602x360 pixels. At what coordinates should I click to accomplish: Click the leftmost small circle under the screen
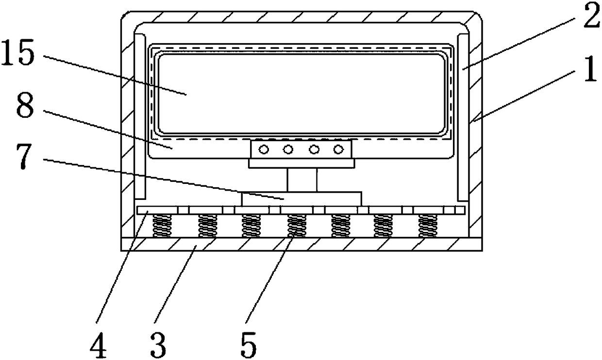(x=264, y=149)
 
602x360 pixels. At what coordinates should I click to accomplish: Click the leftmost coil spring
(x=163, y=226)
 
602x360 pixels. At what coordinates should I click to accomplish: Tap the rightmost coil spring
(x=427, y=226)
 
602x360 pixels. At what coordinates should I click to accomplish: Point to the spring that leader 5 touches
(x=296, y=226)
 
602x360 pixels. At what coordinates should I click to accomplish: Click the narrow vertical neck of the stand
(x=301, y=180)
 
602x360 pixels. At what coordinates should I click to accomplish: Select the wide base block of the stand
(x=301, y=198)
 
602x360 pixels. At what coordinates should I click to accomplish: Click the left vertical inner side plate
(x=139, y=116)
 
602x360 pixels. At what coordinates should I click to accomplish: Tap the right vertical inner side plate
(x=462, y=116)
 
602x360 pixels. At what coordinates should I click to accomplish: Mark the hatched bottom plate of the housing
(x=301, y=244)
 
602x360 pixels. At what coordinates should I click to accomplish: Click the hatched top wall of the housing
(x=301, y=17)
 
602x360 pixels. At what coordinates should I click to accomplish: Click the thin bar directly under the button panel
(x=301, y=164)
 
